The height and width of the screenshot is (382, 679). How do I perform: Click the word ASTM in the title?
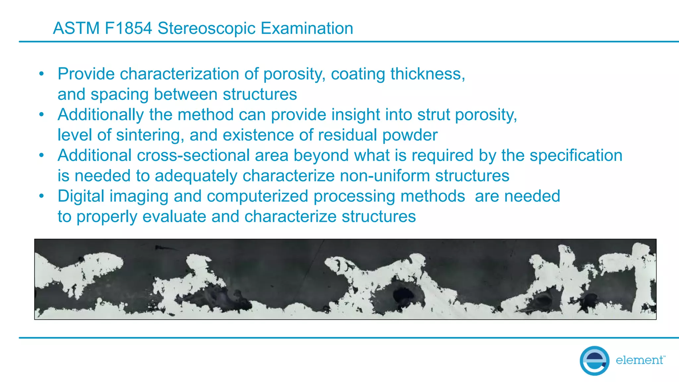tap(76, 28)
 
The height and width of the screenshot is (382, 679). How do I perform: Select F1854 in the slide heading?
tap(128, 28)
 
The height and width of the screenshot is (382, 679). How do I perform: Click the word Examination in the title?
tap(307, 28)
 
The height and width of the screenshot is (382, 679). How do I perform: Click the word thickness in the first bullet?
tap(427, 74)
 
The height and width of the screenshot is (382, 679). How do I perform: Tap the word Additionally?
tap(101, 115)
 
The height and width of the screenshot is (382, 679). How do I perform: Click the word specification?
tap(576, 156)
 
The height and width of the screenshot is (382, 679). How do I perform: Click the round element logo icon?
tap(594, 360)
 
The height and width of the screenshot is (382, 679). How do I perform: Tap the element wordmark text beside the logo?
tap(640, 360)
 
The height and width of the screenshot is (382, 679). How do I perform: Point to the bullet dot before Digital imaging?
tap(41, 196)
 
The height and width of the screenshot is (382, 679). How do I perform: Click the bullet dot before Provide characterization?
tap(41, 74)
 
